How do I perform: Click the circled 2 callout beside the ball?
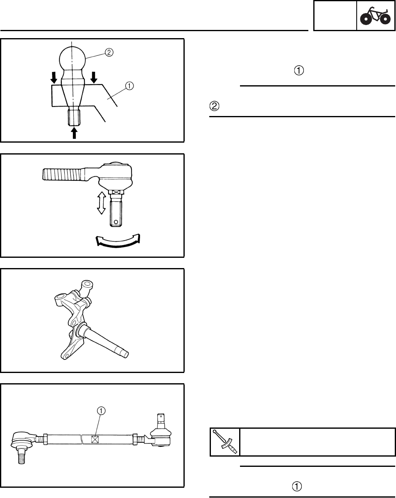pos(109,52)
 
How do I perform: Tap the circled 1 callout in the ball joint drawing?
pos(130,86)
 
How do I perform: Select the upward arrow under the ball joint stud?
pos(74,133)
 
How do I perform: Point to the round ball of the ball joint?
pos(72,58)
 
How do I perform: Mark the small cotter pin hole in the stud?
pos(116,222)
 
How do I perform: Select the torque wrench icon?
pos(225,442)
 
